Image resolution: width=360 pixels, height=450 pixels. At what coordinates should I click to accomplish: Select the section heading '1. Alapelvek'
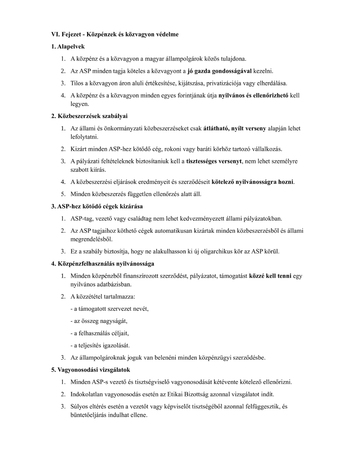pyautogui.click(x=68, y=47)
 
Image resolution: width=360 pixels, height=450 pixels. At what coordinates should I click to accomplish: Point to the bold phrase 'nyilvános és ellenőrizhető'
pyautogui.click(x=253, y=95)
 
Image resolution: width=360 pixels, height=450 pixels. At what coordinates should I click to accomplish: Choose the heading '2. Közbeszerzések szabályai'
pyautogui.click(x=89, y=116)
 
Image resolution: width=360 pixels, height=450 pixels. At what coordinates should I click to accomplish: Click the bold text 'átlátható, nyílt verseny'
pyautogui.click(x=234, y=128)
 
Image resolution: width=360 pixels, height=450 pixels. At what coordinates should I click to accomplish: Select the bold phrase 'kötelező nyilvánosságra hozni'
pyautogui.click(x=253, y=182)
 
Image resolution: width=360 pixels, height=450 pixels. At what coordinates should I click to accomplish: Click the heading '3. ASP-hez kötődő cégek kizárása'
pyautogui.click(x=97, y=206)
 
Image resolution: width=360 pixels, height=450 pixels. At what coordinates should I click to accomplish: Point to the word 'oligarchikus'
pyautogui.click(x=207, y=251)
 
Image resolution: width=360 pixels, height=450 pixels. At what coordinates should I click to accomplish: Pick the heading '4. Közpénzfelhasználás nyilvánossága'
pyautogui.click(x=102, y=264)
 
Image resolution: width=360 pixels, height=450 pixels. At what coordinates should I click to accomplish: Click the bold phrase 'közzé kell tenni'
pyautogui.click(x=270, y=276)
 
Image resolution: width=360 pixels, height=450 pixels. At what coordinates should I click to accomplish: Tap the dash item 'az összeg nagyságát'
pyautogui.click(x=99, y=321)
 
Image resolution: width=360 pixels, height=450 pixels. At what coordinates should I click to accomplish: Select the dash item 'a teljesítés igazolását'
pyautogui.click(x=100, y=345)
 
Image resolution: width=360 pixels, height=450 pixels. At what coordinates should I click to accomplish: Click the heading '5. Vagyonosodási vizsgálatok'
pyautogui.click(x=90, y=370)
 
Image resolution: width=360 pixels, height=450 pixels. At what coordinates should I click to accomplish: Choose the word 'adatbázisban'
pyautogui.click(x=115, y=284)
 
